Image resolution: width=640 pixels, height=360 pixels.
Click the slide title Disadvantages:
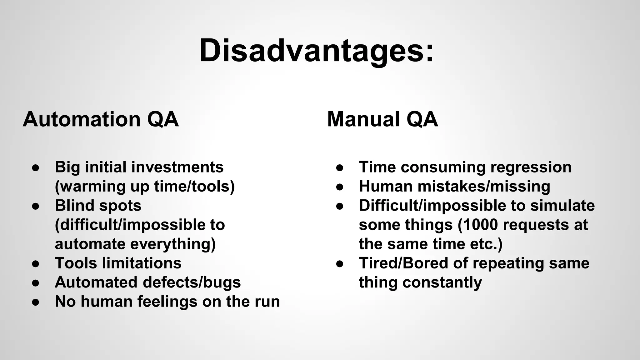[x=316, y=51]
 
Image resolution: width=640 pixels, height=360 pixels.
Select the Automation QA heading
[x=101, y=119]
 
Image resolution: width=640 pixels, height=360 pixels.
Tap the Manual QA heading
[x=382, y=119]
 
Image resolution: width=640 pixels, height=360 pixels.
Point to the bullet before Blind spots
[x=36, y=206]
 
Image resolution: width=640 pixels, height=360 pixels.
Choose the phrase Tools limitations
[x=118, y=263]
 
